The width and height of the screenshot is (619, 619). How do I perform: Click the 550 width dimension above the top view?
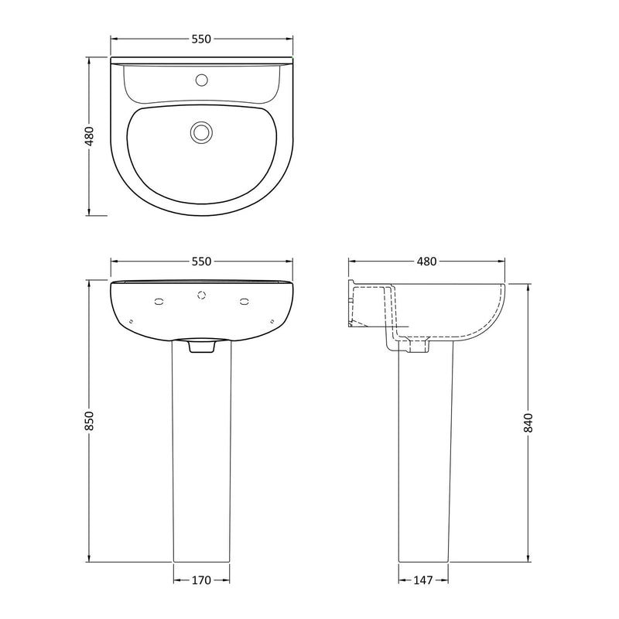201,39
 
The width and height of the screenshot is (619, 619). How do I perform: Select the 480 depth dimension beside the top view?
89,135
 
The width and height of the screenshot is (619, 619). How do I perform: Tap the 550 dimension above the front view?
201,262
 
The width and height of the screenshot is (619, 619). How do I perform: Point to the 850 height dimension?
89,419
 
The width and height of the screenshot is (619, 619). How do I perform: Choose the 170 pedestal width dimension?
201,579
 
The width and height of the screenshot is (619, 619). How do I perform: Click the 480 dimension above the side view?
426,262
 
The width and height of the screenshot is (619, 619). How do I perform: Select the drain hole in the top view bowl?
202,132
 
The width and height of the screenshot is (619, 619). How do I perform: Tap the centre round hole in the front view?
202,295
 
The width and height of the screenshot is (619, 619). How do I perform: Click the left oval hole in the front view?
160,301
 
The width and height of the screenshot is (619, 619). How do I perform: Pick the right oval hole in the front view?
245,301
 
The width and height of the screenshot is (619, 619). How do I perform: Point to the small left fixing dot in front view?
132,321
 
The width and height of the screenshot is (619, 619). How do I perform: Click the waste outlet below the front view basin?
202,347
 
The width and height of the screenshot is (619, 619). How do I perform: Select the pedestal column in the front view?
202,464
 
